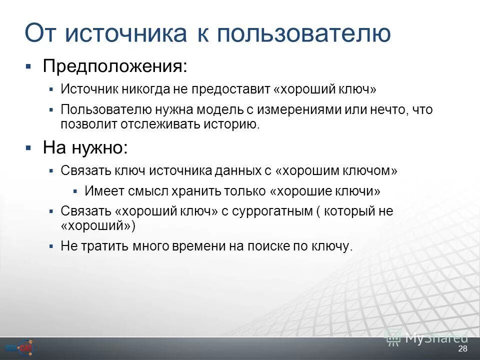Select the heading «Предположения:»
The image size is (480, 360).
pyautogui.click(x=115, y=65)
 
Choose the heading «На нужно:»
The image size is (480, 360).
pyautogui.click(x=85, y=147)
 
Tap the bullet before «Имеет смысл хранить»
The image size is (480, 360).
pyautogui.click(x=75, y=191)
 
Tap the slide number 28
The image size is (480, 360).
pyautogui.click(x=462, y=348)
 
